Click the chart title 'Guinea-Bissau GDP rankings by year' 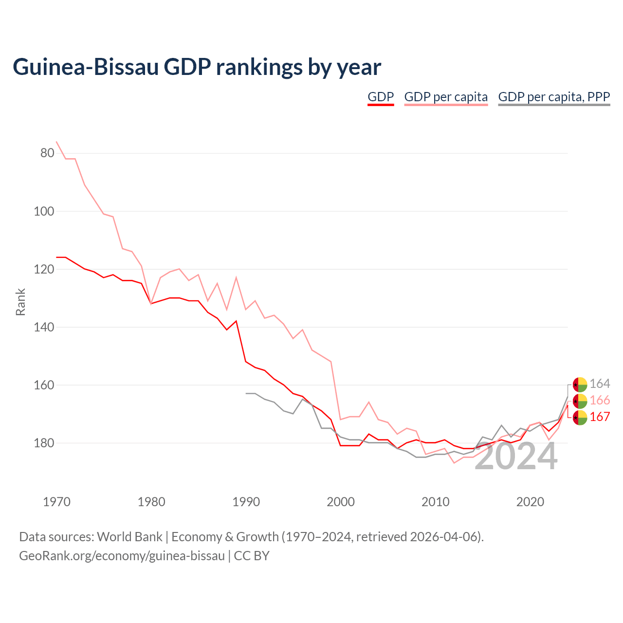pos(197,67)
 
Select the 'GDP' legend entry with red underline pos(381,97)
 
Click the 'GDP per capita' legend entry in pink pos(446,97)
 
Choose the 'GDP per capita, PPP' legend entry pos(554,97)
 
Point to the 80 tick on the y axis pos(47,153)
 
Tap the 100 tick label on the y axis pos(44,211)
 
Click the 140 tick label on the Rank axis pos(44,327)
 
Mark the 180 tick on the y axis pos(44,443)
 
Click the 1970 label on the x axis pos(56,502)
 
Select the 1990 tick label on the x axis pos(246,502)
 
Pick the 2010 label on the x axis pos(435,502)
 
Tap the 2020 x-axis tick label pos(530,502)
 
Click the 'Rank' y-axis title pos(20,302)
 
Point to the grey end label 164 pos(600,384)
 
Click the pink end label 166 pos(600,400)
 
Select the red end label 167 pos(600,417)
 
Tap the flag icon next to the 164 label pos(580,385)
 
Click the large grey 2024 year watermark pos(515,457)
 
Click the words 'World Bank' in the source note pos(129,537)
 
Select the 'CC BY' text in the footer pos(252,556)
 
